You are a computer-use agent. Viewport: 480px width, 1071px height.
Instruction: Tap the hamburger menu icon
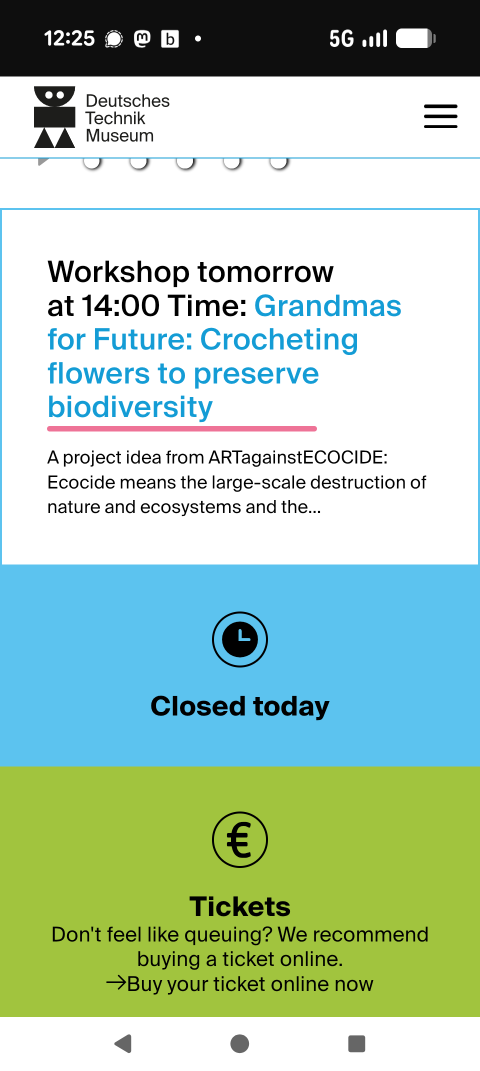coord(440,116)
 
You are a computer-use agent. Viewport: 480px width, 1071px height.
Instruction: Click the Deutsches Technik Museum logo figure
coord(54,117)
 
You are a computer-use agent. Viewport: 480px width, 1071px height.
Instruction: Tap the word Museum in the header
coord(119,135)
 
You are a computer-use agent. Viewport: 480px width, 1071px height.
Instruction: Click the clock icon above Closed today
coord(240,639)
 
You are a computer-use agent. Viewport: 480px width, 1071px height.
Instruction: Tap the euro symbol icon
coord(240,839)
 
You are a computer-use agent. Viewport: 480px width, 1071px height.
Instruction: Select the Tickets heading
coord(240,906)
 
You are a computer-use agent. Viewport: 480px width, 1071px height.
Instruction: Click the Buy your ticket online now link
coord(240,983)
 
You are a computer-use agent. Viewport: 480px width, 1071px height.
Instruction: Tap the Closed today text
coord(240,706)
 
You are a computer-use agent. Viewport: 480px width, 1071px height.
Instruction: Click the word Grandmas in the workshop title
coord(327,305)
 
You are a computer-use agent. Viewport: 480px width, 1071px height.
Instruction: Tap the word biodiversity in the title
coord(130,407)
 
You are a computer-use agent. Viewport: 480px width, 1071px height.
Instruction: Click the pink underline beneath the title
coord(182,428)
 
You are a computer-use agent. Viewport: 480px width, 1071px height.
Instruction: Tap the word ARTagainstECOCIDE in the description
coord(298,457)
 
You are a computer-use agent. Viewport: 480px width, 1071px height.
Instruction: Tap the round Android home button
coord(240,1043)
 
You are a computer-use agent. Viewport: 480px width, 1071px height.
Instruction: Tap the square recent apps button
coord(356,1043)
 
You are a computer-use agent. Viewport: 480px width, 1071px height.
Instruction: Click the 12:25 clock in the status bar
coord(69,38)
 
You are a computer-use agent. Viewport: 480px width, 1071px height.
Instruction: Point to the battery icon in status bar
coord(416,38)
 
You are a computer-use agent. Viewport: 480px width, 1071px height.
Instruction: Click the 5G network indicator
coord(341,38)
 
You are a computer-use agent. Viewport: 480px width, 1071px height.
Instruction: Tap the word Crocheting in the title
coord(279,340)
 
